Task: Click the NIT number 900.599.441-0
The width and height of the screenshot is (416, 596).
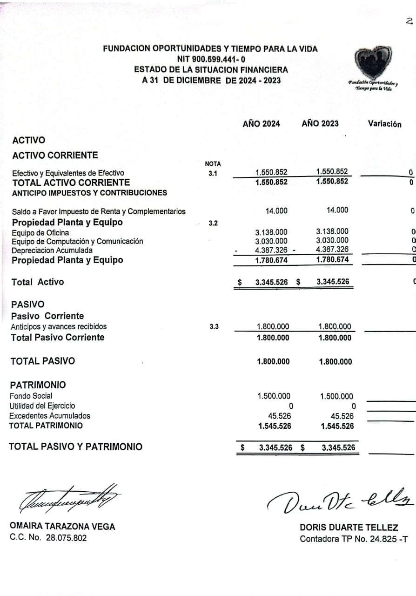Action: coord(211,59)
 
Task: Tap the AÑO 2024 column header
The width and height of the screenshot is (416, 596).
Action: coord(261,123)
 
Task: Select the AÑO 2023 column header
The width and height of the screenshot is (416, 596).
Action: coord(320,123)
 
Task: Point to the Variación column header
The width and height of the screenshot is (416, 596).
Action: coord(384,124)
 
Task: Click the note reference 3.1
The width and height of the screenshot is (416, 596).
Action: coord(213,174)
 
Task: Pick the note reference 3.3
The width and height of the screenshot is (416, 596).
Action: coord(214,327)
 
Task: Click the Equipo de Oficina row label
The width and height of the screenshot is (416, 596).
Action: coord(40,232)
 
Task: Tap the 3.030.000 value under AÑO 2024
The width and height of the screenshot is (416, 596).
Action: coord(271,241)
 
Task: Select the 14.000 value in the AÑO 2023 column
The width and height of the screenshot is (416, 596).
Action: coord(337,210)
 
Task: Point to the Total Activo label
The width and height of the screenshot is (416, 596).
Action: coord(38,282)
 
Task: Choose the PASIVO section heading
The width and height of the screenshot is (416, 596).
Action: coord(28,291)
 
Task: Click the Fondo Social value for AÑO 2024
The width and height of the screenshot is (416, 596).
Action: coord(274,396)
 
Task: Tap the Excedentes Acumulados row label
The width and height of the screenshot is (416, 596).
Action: coord(50,416)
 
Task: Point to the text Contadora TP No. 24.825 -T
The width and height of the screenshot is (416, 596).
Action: coord(354,539)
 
